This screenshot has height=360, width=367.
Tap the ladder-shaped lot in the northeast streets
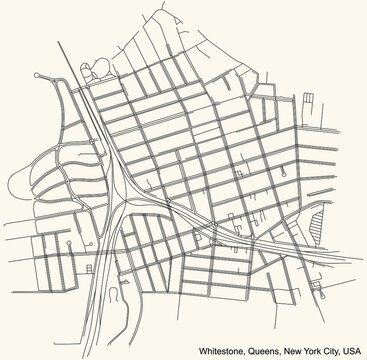(310, 99)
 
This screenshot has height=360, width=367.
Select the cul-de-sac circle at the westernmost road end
(38, 75)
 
